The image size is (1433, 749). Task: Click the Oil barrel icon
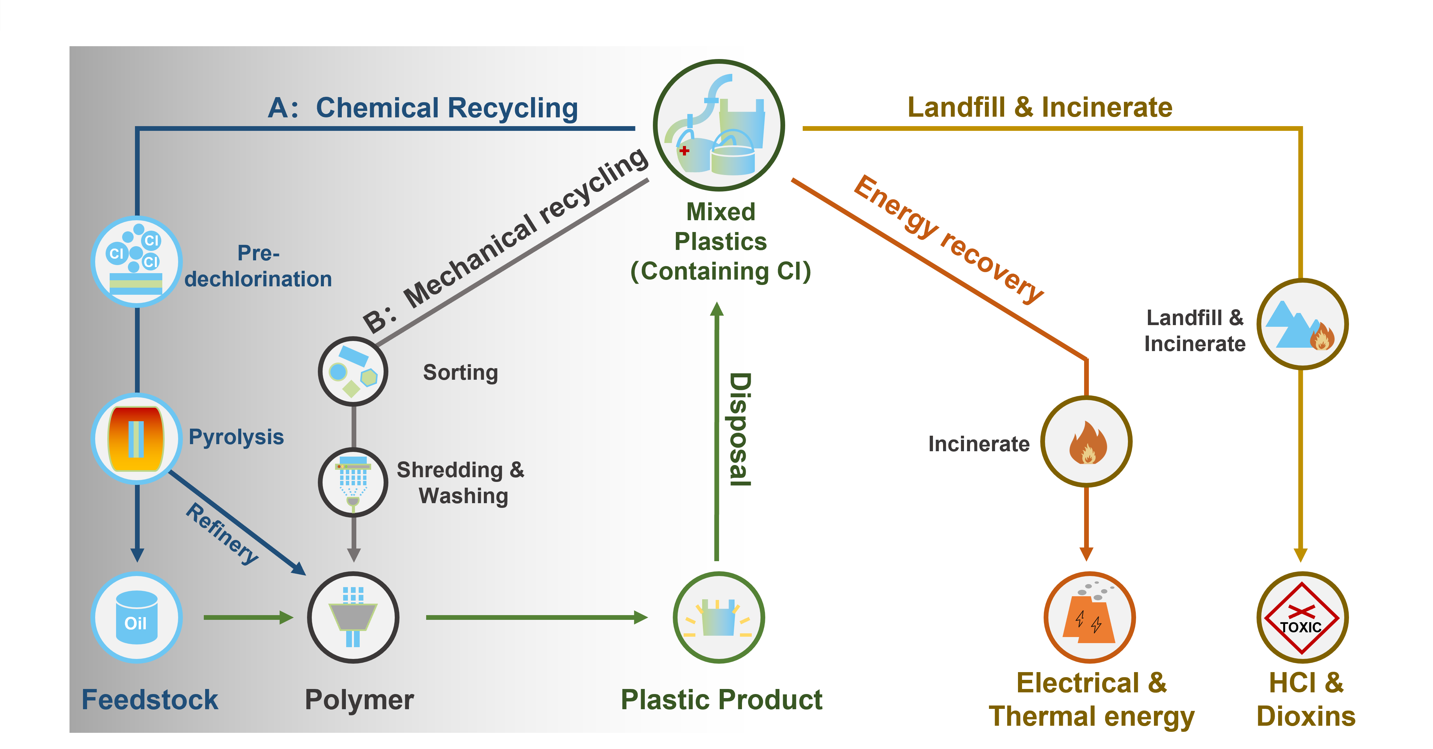[x=136, y=617]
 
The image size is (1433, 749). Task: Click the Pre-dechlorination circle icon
[x=136, y=261]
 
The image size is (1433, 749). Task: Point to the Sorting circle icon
[x=353, y=371]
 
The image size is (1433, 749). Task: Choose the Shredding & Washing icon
[x=353, y=482]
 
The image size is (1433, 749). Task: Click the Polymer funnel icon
[x=353, y=617]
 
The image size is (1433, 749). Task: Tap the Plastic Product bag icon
[x=719, y=617]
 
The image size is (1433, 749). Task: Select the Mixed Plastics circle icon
[x=719, y=126]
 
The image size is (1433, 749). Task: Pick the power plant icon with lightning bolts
[x=1089, y=617]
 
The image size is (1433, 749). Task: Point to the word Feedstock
[x=149, y=699]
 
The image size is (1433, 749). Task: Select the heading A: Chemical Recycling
[x=423, y=108]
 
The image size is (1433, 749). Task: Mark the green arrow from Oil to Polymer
[x=248, y=617]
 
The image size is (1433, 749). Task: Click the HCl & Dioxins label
[x=1305, y=699]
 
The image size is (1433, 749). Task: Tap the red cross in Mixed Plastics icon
[x=684, y=150]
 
